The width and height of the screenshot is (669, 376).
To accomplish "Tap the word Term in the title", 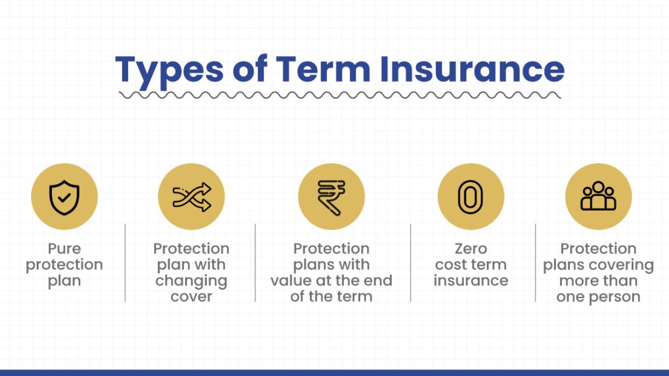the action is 323,69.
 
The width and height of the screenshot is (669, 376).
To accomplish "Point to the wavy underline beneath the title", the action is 340,95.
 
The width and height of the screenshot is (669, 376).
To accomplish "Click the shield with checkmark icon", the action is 65,198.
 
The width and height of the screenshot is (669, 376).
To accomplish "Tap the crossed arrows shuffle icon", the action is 192,197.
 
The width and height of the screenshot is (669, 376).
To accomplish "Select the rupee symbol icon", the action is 332,198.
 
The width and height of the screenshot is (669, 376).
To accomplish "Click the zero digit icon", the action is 471,197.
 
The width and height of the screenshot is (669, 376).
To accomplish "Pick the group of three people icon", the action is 598,196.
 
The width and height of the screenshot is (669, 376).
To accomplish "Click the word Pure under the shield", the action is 65,248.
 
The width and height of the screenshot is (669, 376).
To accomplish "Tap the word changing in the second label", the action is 191,281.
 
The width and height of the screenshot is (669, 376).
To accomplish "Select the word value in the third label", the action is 290,281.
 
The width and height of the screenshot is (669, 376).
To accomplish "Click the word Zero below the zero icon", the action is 471,248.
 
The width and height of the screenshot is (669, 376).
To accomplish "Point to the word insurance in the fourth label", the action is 471,281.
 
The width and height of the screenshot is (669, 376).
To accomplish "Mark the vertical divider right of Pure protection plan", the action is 125,262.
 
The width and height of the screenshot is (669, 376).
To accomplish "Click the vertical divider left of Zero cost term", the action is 411,262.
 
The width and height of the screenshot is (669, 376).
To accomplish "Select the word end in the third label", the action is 379,281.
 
